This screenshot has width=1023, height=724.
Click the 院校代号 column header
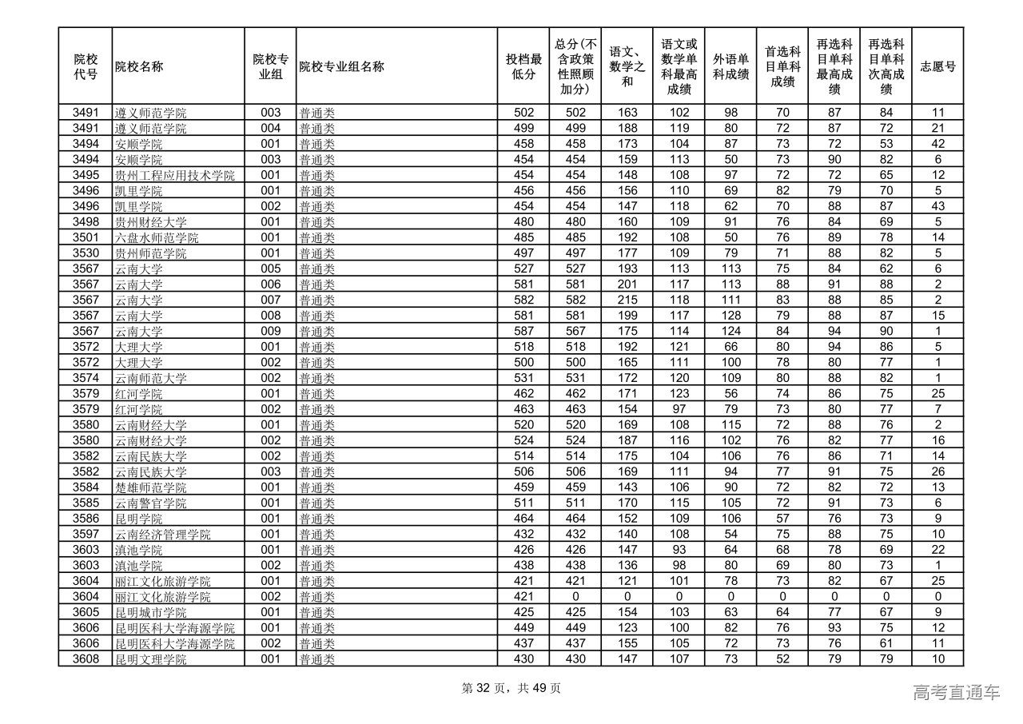[86, 66]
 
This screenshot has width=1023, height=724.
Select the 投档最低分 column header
[523, 66]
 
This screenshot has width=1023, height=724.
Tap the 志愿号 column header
[937, 66]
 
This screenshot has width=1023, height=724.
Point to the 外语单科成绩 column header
[730, 66]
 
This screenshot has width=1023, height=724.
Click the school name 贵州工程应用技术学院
[174, 175]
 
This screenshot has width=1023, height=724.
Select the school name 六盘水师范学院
[157, 237]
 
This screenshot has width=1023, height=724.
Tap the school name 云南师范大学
[151, 378]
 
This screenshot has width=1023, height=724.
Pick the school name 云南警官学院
[151, 503]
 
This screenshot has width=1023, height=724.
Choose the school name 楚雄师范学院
[151, 487]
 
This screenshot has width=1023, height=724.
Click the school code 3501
[86, 237]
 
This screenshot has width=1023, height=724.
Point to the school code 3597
[86, 534]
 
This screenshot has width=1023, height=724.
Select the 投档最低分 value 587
[523, 331]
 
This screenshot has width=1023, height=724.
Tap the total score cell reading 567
[575, 331]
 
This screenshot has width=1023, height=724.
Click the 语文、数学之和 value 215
[627, 300]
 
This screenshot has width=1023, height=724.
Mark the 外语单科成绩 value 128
[730, 316]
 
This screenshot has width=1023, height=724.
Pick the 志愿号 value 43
[937, 206]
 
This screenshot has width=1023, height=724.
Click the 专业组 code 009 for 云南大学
[271, 331]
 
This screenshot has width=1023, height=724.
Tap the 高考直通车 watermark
[956, 693]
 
